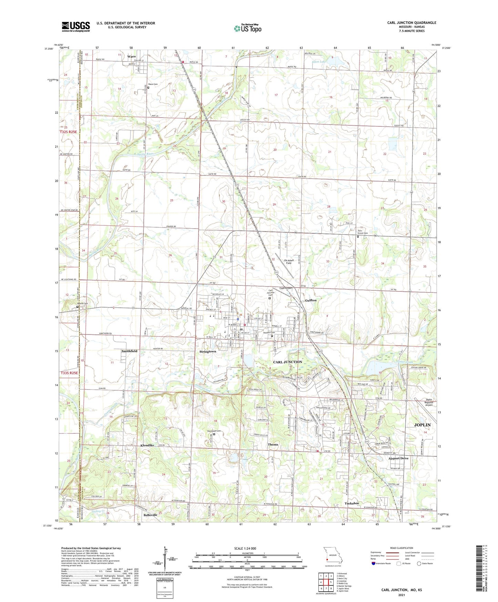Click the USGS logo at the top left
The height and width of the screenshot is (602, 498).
pyautogui.click(x=76, y=27)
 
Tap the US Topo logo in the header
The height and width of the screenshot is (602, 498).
pyautogui.click(x=247, y=28)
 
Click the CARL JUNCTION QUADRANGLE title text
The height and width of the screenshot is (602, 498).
pyautogui.click(x=411, y=23)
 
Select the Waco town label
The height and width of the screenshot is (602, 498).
pyautogui.click(x=131, y=56)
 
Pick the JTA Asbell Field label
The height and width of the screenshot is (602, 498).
pyautogui.click(x=288, y=261)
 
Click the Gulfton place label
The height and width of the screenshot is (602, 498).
pyautogui.click(x=311, y=300)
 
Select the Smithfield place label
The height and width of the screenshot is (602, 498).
pyautogui.click(x=129, y=351)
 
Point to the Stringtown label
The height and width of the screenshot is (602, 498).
pyautogui.click(x=208, y=351)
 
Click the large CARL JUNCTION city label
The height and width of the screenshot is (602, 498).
pyautogui.click(x=287, y=362)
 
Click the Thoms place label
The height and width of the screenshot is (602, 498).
pyautogui.click(x=273, y=444)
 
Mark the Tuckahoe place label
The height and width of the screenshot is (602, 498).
pyautogui.click(x=352, y=503)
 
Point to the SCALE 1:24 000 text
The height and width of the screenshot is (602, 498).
pyautogui.click(x=245, y=548)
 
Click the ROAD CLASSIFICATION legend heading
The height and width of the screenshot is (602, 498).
pyautogui.click(x=401, y=548)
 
